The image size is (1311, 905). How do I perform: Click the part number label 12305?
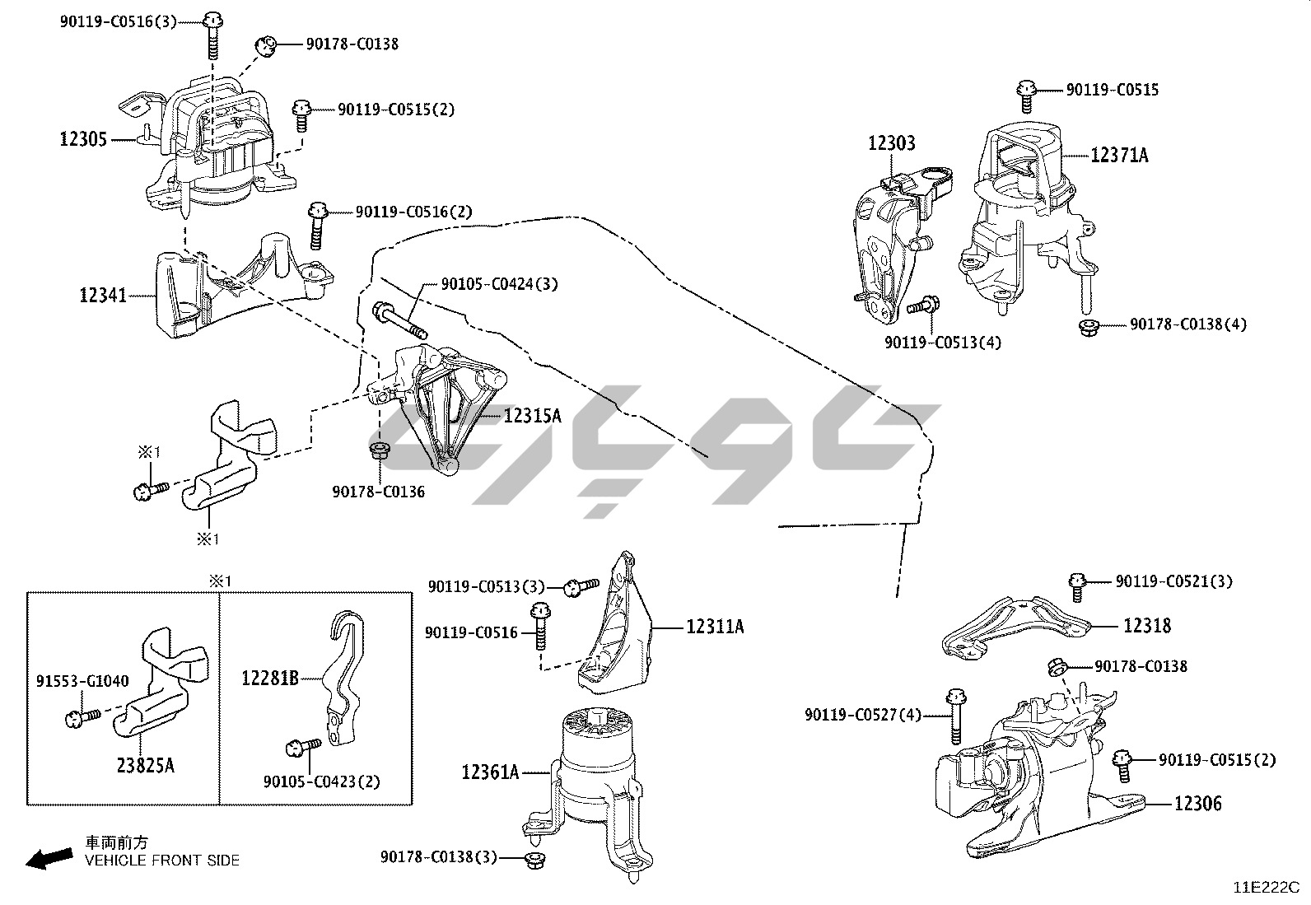point(83,139)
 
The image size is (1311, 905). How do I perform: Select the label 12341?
point(103,296)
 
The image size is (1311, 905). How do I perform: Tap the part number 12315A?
point(532,416)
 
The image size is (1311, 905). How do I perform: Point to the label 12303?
point(891,142)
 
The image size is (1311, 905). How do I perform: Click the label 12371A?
point(1119,155)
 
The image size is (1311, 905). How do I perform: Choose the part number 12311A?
point(715,627)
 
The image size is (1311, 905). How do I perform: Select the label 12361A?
point(491,772)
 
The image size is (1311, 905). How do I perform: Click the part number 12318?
point(1147,626)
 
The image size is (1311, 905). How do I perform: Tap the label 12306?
point(1198,804)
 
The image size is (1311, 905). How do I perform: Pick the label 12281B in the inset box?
point(270,679)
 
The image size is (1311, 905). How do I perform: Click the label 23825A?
point(145,766)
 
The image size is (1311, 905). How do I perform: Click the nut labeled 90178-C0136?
point(380,452)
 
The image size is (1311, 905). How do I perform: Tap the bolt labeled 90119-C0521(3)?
point(1077,587)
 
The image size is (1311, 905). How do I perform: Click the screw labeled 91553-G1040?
point(82,718)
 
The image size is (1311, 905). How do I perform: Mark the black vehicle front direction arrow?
point(49,859)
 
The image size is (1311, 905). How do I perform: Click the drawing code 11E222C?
point(1267,888)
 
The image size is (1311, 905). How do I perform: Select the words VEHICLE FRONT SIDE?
point(162,861)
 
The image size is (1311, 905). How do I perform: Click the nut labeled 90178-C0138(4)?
point(1089,327)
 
